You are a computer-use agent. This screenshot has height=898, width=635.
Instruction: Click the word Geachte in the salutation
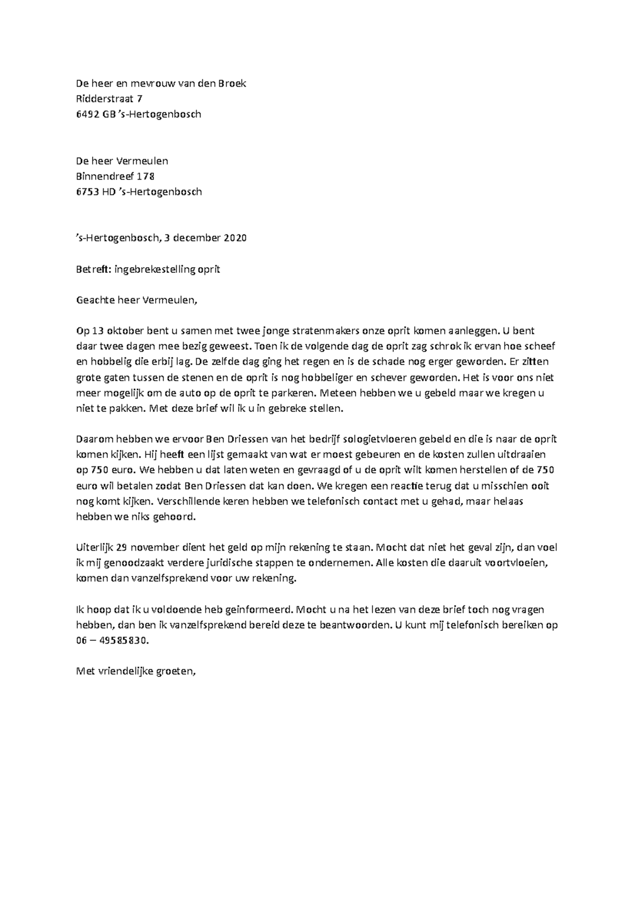[x=94, y=300]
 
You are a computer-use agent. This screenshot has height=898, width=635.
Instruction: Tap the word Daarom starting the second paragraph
[x=93, y=439]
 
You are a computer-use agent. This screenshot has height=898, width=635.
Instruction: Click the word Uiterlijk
[x=94, y=548]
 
